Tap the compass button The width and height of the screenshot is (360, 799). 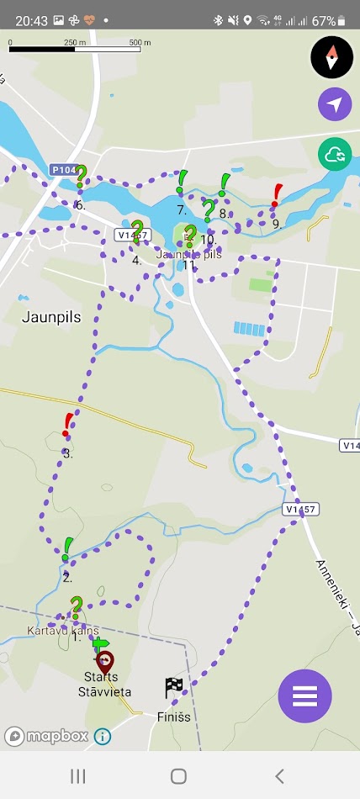[x=332, y=57]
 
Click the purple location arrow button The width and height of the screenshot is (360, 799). [x=335, y=104]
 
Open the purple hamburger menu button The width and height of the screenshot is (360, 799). [x=304, y=696]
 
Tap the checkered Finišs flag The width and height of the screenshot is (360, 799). [x=174, y=688]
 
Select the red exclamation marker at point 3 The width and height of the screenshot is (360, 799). [x=68, y=425]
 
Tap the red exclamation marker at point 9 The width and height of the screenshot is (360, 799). [x=277, y=195]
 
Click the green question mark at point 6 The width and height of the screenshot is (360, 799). [x=82, y=177]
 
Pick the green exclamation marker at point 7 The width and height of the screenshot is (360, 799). [x=182, y=182]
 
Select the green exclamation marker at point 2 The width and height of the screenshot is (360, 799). [x=67, y=549]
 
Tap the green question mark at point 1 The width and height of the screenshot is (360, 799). [x=76, y=607]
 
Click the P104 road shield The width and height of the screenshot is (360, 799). [x=63, y=169]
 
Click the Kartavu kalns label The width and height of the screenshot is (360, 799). [x=63, y=631]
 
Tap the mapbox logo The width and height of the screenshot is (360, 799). [x=46, y=736]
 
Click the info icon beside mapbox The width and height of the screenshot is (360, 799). [x=103, y=736]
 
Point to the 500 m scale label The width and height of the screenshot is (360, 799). [x=140, y=41]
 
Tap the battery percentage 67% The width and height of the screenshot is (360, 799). [x=324, y=20]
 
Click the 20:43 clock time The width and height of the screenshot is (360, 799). [x=30, y=20]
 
